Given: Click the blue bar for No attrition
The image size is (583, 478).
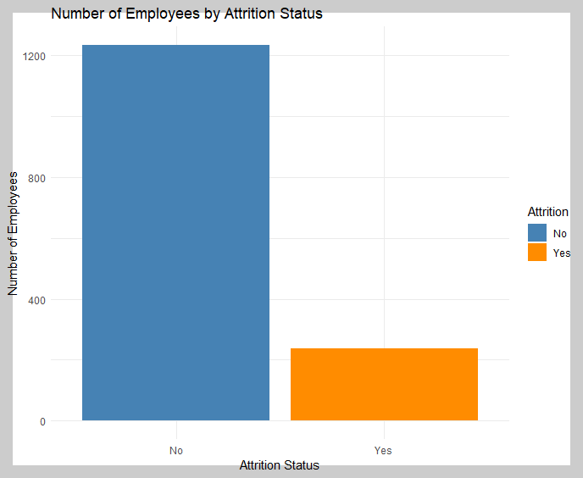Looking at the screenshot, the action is (175, 232).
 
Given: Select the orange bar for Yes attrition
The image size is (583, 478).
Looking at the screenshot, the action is (384, 384).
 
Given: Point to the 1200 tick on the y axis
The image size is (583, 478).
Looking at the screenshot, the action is (34, 57).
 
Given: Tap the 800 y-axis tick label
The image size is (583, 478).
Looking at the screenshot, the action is (36, 179).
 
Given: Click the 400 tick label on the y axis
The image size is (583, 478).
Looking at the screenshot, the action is (36, 300).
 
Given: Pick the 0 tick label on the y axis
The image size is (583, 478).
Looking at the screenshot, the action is (42, 422).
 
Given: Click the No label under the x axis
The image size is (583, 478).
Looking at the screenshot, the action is (176, 451).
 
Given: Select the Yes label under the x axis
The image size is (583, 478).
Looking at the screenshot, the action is (383, 451).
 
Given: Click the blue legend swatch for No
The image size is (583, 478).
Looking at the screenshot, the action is (537, 232).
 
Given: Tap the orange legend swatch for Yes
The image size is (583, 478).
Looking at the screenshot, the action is (537, 253).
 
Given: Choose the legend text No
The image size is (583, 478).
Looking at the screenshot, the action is (559, 234).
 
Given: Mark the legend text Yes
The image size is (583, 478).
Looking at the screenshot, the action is (562, 253).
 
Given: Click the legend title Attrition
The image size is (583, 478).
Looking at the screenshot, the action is (548, 212).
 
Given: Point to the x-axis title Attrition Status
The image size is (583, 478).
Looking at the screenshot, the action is (280, 465).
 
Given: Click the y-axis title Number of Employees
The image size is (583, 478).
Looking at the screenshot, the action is (13, 234).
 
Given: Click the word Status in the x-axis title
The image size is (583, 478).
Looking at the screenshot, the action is (302, 465).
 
